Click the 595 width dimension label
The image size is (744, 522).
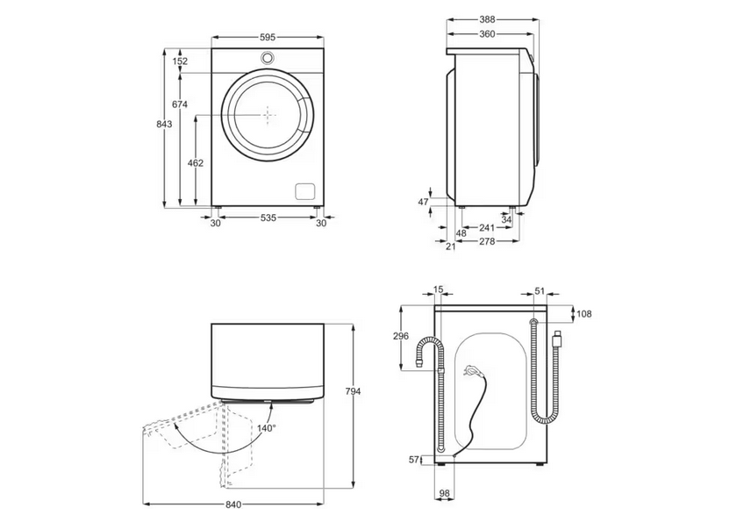[268, 37]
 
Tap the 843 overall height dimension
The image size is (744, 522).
[164, 125]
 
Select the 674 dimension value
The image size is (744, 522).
[180, 104]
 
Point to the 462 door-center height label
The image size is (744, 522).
[196, 163]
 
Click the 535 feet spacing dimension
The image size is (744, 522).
[268, 218]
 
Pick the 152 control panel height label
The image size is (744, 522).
[180, 61]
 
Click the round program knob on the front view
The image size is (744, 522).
[268, 57]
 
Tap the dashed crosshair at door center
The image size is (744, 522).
[269, 115]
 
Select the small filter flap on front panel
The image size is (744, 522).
[305, 190]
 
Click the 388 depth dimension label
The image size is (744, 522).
[487, 19]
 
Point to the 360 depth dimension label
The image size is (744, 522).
[487, 34]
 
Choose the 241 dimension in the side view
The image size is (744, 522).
[487, 228]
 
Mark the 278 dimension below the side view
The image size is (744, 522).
[487, 241]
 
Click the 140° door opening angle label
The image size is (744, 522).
[267, 428]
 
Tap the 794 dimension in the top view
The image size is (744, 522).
[353, 391]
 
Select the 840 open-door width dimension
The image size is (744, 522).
[233, 504]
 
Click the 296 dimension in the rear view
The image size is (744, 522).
[401, 337]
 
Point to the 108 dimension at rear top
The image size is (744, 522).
[584, 314]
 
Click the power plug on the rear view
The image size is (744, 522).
[472, 368]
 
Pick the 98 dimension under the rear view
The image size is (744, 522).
[445, 494]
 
